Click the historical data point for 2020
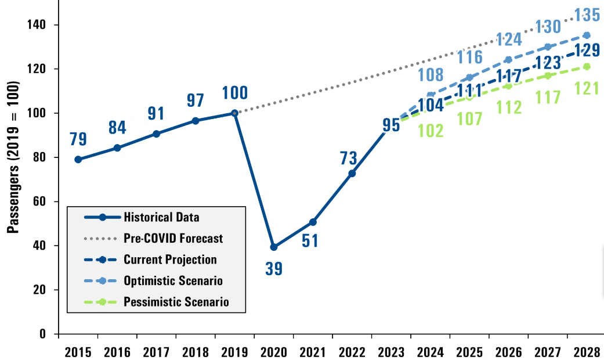[x=274, y=247]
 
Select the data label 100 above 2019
[x=234, y=92]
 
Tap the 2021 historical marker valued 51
[x=313, y=222]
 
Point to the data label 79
[x=78, y=140]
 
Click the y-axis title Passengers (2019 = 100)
[x=13, y=157]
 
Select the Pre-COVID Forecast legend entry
[x=173, y=238]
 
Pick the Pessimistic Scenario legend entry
[x=176, y=302]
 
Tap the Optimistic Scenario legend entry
[x=173, y=281]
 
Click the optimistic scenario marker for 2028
[x=587, y=35]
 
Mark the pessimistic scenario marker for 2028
[x=587, y=66]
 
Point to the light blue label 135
[x=586, y=13]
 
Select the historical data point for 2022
[x=352, y=173]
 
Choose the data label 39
[x=274, y=269]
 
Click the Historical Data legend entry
[x=161, y=217]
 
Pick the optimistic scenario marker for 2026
[x=508, y=60]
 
